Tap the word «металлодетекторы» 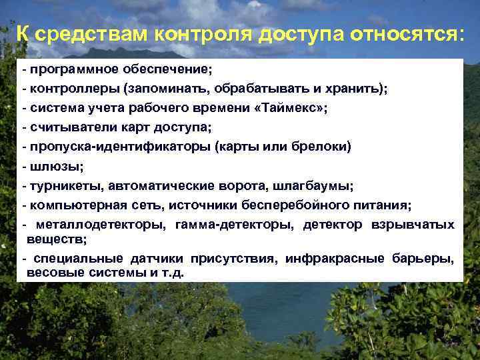pos(101,225)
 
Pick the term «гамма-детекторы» pos(234,225)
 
